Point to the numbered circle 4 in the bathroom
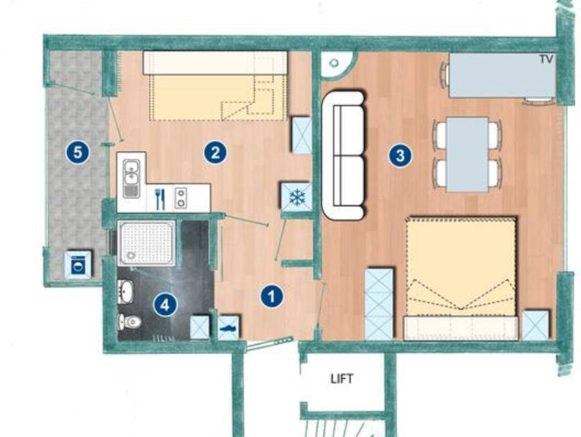[165, 305]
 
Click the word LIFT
[342, 378]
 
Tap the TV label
[546, 60]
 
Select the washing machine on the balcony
[78, 264]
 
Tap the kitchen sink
[131, 178]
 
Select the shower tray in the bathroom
[147, 243]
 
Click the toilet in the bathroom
[129, 321]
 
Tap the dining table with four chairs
[467, 154]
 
